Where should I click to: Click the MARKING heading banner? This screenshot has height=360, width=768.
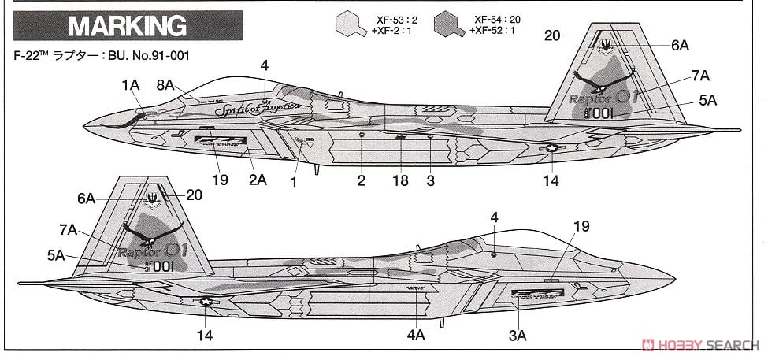126,27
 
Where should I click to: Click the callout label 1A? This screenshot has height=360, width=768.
132,84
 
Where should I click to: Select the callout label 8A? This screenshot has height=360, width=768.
166,84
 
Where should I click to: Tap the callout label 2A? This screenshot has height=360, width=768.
258,180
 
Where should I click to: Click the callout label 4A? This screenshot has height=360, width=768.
416,336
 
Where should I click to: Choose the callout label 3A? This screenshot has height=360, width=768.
517,336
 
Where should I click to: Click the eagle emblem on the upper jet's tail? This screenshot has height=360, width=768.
603,81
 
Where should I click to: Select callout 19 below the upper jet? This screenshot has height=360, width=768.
220,180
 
